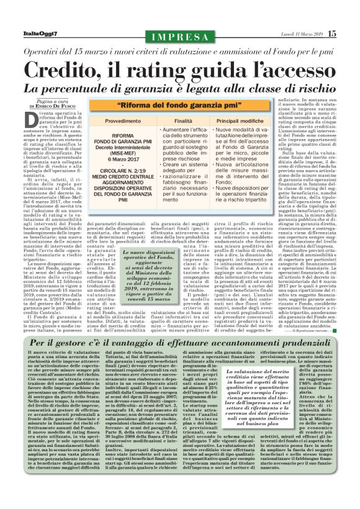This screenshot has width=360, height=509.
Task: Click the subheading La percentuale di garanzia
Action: [179, 89]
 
